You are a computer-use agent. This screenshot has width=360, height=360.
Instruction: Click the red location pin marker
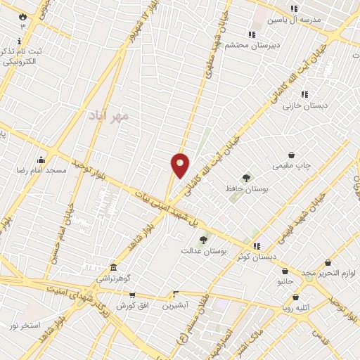(181, 165)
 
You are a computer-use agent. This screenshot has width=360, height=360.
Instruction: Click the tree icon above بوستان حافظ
(246, 178)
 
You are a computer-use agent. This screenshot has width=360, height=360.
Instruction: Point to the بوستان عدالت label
(203, 250)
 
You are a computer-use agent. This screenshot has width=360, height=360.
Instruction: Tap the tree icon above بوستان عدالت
(203, 240)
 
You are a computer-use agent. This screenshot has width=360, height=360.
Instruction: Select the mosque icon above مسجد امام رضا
(41, 160)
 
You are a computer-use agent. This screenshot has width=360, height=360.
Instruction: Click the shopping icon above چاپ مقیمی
(292, 155)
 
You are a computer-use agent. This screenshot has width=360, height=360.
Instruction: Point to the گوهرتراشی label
(113, 278)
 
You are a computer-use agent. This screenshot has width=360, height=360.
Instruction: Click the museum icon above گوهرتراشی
(113, 268)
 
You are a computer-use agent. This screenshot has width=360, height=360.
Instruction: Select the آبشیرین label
(175, 306)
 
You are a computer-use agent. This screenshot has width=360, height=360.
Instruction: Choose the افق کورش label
(131, 306)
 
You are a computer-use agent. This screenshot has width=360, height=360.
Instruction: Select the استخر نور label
(24, 325)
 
